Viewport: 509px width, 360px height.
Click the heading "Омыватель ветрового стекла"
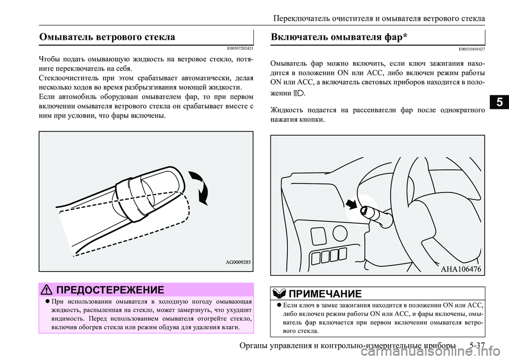[107, 37]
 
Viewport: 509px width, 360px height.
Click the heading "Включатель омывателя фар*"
[338, 37]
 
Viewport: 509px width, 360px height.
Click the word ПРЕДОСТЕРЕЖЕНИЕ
[110, 289]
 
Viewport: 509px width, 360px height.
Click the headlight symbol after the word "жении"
[299, 93]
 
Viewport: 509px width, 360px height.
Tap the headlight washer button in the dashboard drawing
[364, 211]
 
